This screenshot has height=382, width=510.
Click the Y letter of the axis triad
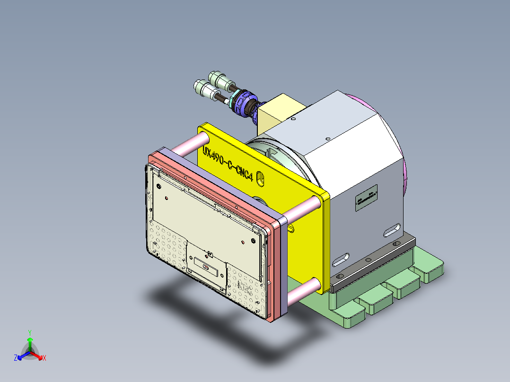[x=29, y=332]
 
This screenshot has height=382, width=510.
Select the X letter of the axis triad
[x=44, y=358]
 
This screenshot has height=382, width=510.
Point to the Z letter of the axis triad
[x=16, y=358]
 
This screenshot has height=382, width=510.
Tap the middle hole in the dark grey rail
[x=367, y=260]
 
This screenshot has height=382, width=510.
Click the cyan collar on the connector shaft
[x=233, y=100]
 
